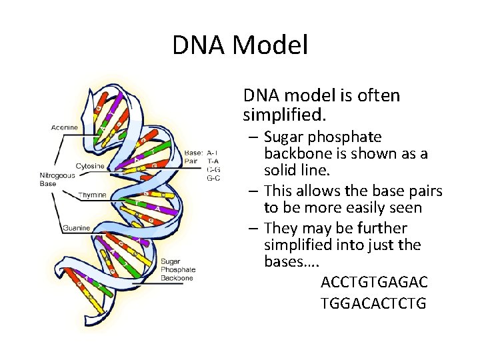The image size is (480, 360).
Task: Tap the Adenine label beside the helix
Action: (65, 127)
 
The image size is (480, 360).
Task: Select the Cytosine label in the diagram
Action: (89, 165)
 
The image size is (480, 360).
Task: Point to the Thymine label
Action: (91, 195)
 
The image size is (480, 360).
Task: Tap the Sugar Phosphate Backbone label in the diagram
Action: (177, 269)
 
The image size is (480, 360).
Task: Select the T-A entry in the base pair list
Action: (213, 160)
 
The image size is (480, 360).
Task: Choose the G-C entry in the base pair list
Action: (213, 177)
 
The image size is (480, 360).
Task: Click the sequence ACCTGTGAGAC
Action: (374, 282)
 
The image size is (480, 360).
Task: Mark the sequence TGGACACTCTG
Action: (373, 304)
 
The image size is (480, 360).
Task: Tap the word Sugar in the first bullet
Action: (285, 137)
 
